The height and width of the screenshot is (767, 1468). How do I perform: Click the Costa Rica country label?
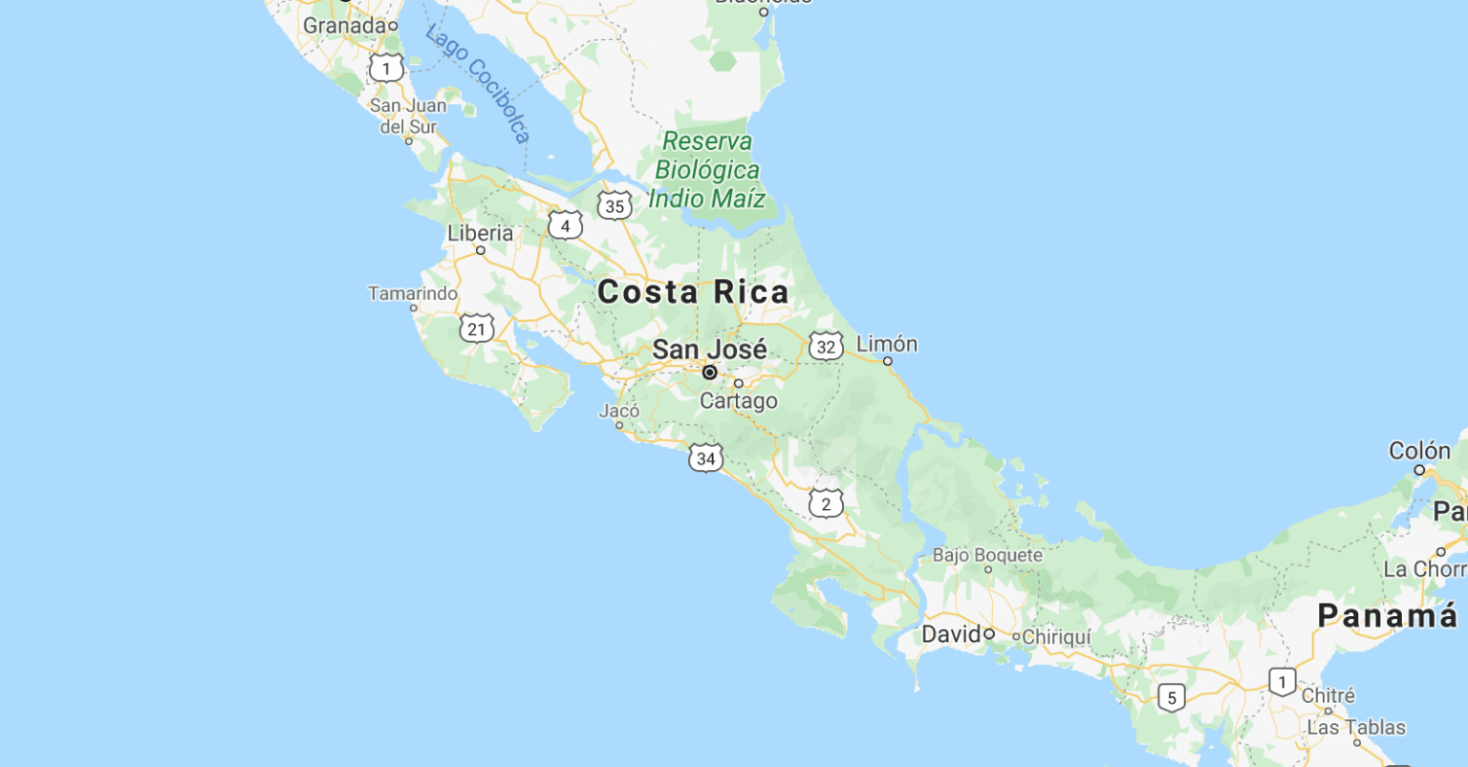(x=693, y=292)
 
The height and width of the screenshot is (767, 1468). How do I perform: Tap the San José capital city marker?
(x=710, y=373)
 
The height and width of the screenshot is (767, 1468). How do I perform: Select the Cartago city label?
(x=738, y=401)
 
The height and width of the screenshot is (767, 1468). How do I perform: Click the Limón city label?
(x=887, y=344)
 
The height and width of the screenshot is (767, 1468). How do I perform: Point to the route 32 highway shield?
(x=826, y=347)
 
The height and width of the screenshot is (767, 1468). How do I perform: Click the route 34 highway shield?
(x=705, y=459)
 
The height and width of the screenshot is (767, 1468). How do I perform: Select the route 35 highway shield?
(x=615, y=206)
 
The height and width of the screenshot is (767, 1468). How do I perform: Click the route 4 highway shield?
(x=565, y=226)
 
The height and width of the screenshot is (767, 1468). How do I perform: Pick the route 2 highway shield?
(x=826, y=503)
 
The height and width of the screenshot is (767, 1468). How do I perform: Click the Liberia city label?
(x=480, y=233)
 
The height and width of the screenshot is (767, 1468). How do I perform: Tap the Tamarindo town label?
(x=413, y=293)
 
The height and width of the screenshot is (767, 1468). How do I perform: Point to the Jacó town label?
(x=619, y=412)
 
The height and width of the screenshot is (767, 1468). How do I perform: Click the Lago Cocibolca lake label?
(x=478, y=84)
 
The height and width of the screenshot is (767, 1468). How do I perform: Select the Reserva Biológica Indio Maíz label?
(x=707, y=170)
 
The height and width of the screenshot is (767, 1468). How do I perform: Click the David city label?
(x=951, y=634)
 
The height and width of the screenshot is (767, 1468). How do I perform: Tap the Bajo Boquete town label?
(x=987, y=555)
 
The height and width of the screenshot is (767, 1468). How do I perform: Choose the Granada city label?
(x=343, y=26)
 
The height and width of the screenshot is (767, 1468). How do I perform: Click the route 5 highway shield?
(x=1172, y=698)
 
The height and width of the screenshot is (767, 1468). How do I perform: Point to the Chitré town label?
(x=1328, y=696)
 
